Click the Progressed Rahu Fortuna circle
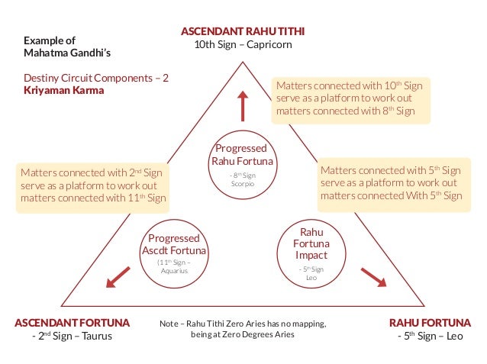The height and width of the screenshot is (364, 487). click(x=242, y=164)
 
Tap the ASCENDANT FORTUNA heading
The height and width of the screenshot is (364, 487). click(x=73, y=323)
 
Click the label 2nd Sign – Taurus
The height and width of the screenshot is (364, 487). click(x=72, y=337)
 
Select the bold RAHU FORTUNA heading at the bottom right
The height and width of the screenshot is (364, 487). click(x=430, y=323)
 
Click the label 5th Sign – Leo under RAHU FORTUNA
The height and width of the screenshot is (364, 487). click(x=430, y=337)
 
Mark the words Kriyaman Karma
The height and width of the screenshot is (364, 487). click(x=63, y=90)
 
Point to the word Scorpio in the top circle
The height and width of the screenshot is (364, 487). click(x=242, y=184)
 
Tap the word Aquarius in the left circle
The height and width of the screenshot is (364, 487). click(x=175, y=270)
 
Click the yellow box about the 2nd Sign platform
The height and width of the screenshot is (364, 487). click(x=92, y=185)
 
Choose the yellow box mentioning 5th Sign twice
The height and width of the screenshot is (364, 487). click(x=391, y=182)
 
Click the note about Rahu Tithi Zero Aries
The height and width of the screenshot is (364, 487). click(x=242, y=330)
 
